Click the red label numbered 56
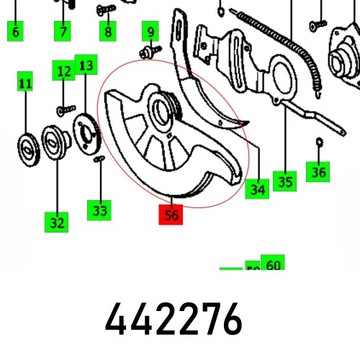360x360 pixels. pyautogui.click(x=172, y=214)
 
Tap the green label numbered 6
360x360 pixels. pyautogui.click(x=16, y=31)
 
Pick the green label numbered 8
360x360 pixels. pyautogui.click(x=107, y=31)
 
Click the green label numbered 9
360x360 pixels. pyautogui.click(x=150, y=32)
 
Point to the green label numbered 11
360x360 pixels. pyautogui.click(x=25, y=84)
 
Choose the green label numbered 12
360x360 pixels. pyautogui.click(x=63, y=71)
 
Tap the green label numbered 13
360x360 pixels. pyautogui.click(x=86, y=66)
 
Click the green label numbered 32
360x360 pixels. pyautogui.click(x=55, y=222)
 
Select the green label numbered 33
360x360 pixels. pyautogui.click(x=99, y=210)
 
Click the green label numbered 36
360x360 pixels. pyautogui.click(x=318, y=172)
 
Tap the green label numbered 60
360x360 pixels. pyautogui.click(x=273, y=264)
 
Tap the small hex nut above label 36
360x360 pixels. pyautogui.click(x=319, y=142)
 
